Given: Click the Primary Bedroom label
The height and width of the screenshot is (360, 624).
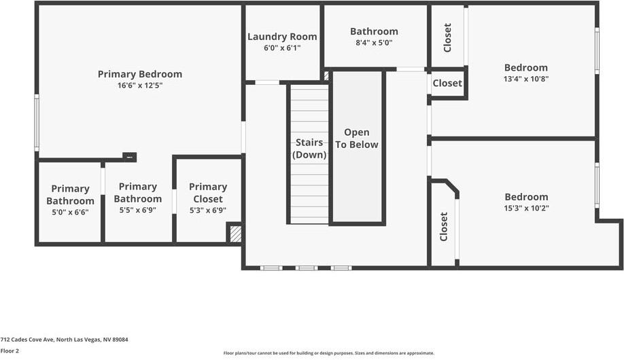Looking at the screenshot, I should (x=139, y=74).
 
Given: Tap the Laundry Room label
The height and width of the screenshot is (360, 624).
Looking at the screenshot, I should (x=282, y=37).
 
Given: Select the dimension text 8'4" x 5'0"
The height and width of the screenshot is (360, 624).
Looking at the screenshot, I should (x=374, y=43).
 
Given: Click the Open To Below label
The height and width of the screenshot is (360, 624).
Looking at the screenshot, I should (x=356, y=139).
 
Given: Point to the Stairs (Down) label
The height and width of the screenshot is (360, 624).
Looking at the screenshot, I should (x=309, y=149).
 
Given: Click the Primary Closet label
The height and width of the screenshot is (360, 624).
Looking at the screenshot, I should (x=208, y=193).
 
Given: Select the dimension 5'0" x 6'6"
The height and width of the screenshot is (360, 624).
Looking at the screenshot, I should (x=70, y=212).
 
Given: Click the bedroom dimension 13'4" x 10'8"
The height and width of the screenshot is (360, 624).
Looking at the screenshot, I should (x=525, y=79).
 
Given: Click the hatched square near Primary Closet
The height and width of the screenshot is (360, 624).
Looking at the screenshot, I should (x=235, y=234).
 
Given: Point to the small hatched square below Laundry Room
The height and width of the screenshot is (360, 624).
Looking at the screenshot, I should (x=326, y=76).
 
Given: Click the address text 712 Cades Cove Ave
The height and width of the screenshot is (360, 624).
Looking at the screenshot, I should (x=64, y=340).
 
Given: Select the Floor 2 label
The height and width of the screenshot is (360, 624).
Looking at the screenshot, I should (x=10, y=351).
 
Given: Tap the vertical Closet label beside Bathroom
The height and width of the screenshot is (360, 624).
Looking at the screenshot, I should (x=447, y=38).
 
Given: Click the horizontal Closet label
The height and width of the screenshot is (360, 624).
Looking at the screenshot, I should (x=447, y=84).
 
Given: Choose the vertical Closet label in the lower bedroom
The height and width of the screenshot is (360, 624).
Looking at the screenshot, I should (x=444, y=227).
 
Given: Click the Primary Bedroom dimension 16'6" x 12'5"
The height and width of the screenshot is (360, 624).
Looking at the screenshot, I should (x=139, y=86).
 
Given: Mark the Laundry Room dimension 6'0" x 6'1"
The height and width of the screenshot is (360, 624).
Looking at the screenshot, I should (x=282, y=48).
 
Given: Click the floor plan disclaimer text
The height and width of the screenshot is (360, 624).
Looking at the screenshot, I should (x=328, y=353).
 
